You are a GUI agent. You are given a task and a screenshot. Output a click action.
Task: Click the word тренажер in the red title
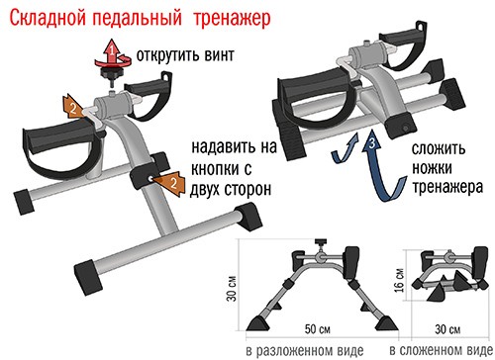coord(232,19)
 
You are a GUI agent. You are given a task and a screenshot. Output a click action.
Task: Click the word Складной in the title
coord(49,18)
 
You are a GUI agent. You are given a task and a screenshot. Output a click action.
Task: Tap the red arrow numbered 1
coord(113,53)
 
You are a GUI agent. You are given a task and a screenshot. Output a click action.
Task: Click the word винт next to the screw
coord(219,55)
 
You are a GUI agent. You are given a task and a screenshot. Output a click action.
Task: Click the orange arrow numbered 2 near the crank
coord(73,106)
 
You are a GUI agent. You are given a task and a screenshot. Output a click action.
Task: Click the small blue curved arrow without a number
coord(346,148)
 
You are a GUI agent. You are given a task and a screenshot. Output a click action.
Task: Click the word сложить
coord(439,149)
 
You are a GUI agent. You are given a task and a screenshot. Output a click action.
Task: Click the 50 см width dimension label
coord(318,328)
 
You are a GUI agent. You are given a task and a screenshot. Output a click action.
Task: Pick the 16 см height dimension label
coord(399,280)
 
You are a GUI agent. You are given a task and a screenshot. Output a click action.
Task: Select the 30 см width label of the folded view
coord(447,329)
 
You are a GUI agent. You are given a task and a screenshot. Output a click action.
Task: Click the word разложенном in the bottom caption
coord(300,351)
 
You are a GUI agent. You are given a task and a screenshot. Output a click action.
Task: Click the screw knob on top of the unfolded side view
coord(320,243)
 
